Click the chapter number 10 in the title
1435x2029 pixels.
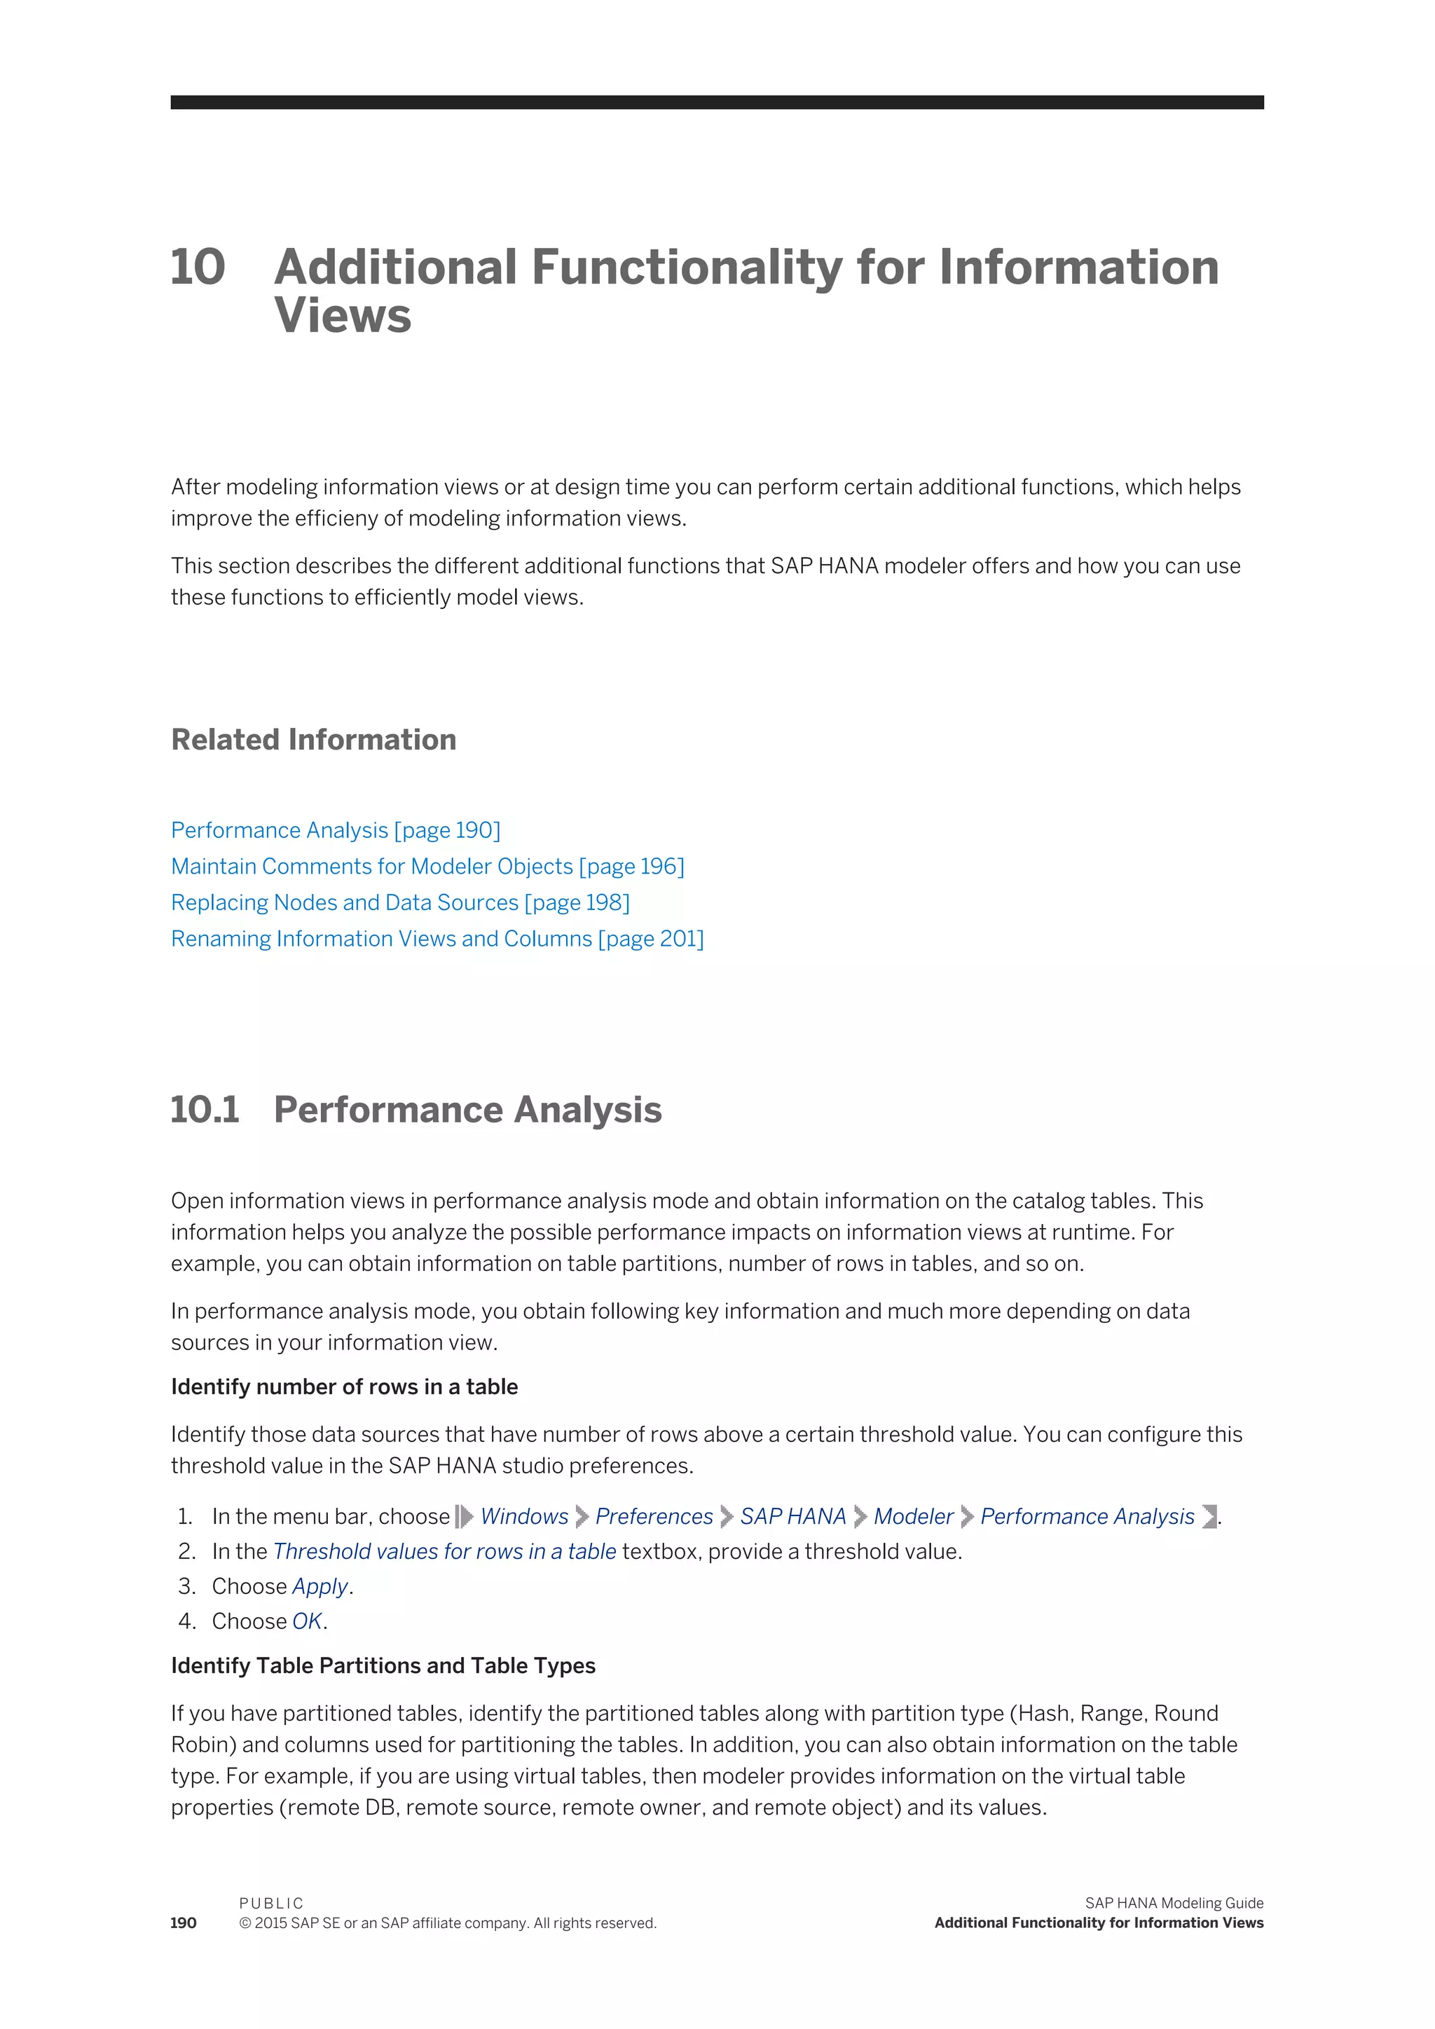(x=198, y=268)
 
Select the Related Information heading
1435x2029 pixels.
(x=314, y=740)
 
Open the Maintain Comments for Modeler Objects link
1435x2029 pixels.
(x=427, y=866)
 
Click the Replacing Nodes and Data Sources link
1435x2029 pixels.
(x=399, y=902)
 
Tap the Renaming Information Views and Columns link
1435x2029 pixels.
(x=437, y=939)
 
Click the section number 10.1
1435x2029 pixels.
(x=205, y=1110)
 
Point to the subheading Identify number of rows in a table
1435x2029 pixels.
(x=344, y=1387)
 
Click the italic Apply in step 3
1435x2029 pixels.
(x=320, y=1586)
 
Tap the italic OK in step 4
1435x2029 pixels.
(x=307, y=1622)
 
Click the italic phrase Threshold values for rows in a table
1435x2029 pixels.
(x=444, y=1552)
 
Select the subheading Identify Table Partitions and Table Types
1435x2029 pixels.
(x=383, y=1666)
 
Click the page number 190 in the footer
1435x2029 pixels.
(x=184, y=1923)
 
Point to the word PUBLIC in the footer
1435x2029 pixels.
(x=271, y=1904)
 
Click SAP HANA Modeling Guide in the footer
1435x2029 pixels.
(x=1174, y=1903)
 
